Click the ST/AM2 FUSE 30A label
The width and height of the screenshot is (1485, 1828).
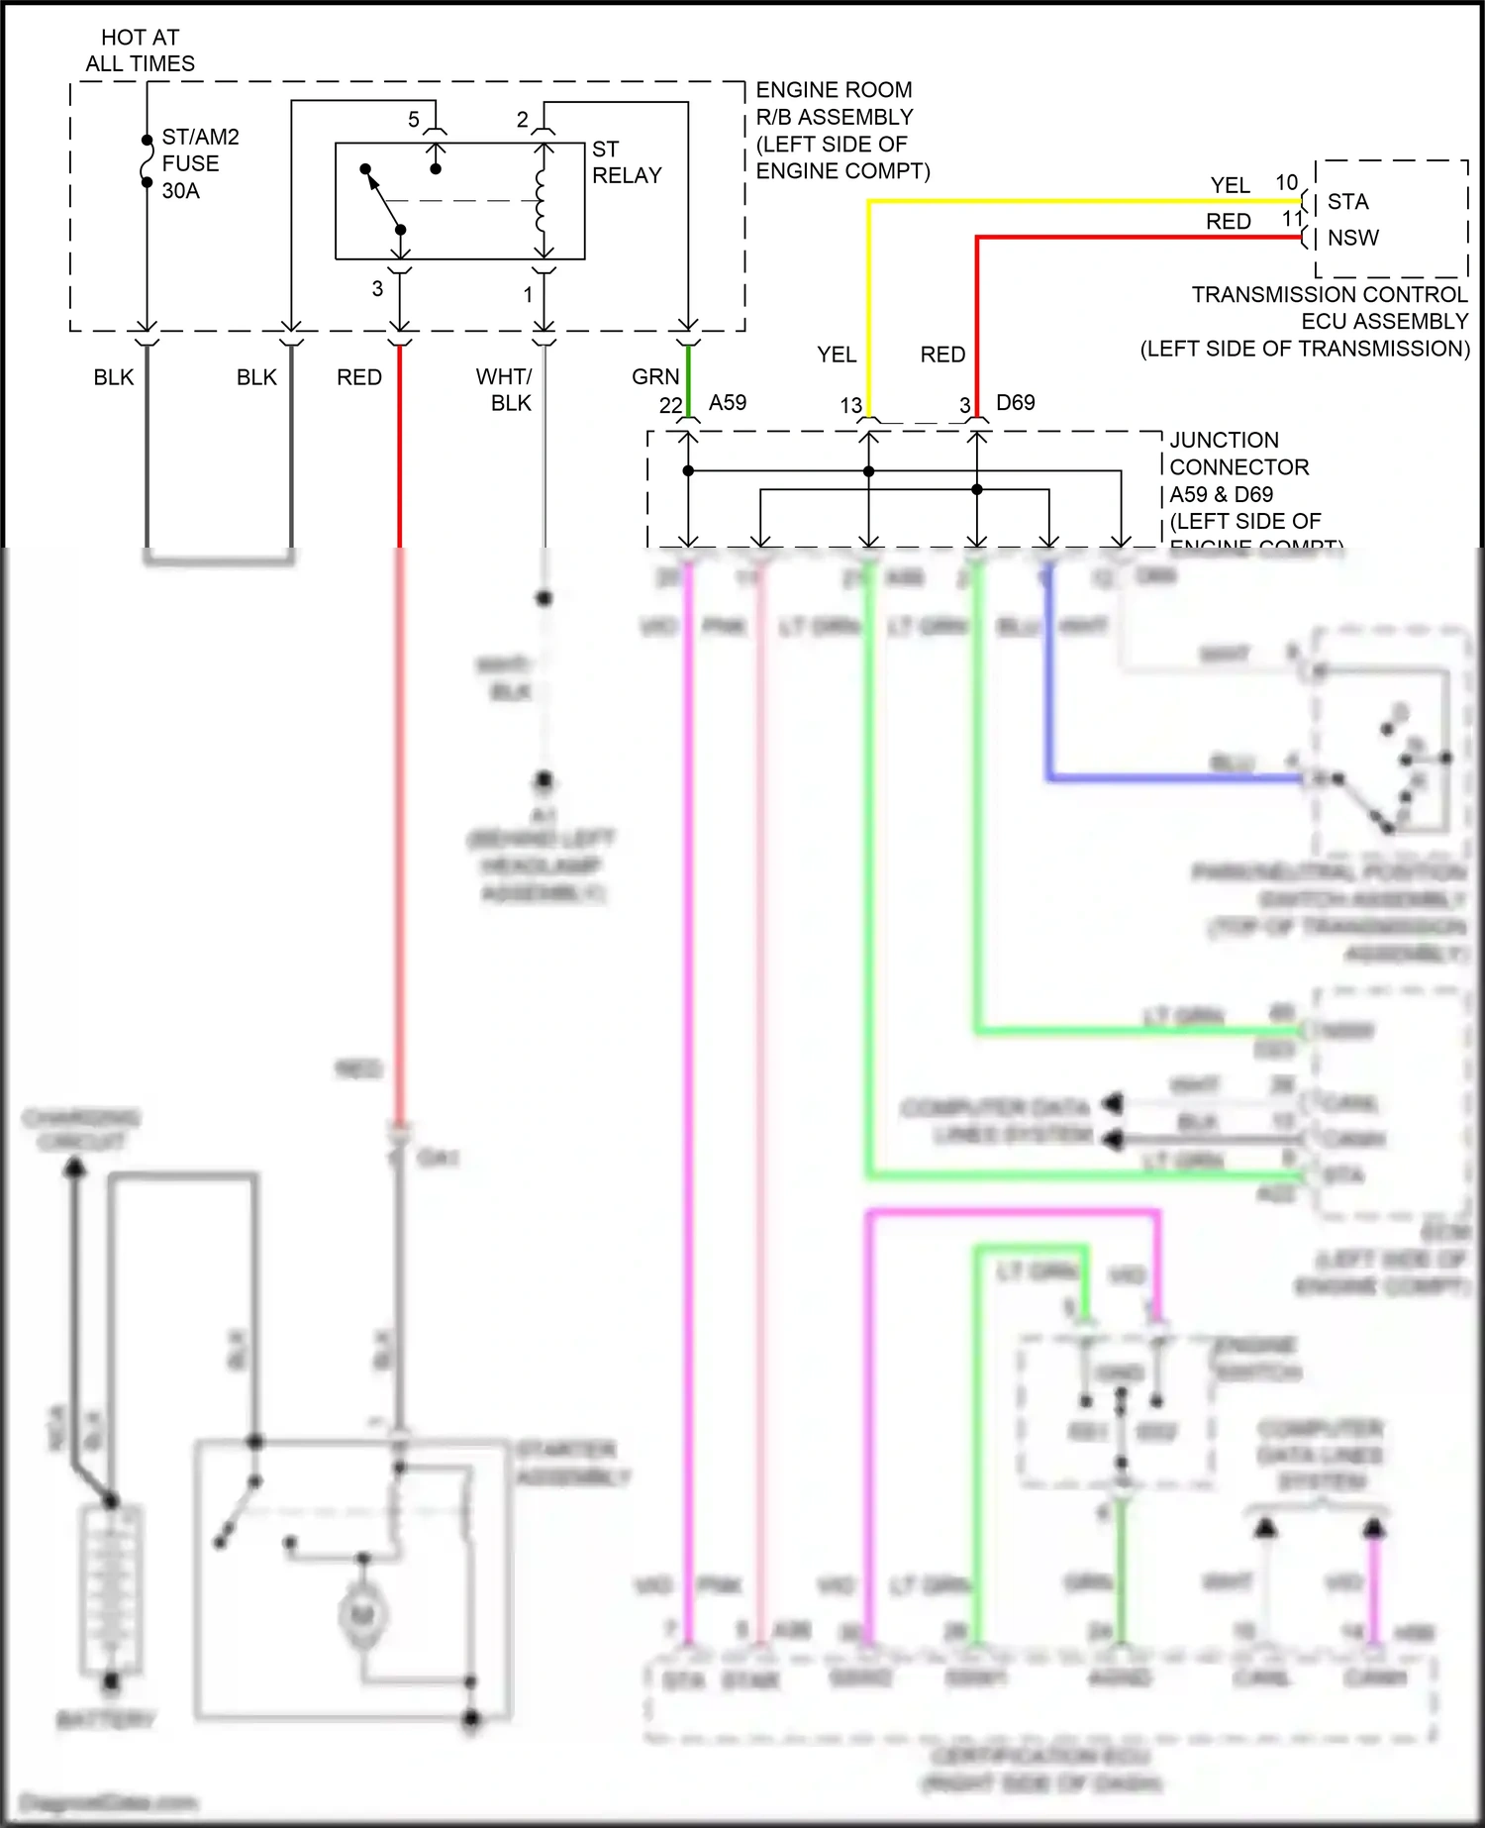tap(199, 163)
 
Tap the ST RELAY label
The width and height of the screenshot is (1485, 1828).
tap(626, 162)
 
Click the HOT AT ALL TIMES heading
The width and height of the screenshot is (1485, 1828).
tap(140, 51)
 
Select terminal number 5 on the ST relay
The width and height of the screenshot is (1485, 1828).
tap(414, 120)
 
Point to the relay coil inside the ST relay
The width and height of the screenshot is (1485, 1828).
tap(541, 201)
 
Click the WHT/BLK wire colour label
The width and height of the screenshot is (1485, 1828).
tap(504, 390)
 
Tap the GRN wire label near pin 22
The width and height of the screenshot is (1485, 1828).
tap(655, 377)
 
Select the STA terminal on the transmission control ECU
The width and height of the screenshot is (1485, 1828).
tap(1347, 202)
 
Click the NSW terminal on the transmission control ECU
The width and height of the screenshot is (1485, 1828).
tap(1352, 238)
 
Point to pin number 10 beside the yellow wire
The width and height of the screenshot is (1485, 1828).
tap(1286, 183)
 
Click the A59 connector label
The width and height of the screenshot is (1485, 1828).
tap(728, 403)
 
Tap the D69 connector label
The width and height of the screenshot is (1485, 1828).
tap(1015, 403)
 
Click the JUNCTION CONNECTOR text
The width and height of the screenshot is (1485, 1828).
tap(1238, 454)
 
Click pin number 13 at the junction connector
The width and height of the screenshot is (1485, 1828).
tap(851, 406)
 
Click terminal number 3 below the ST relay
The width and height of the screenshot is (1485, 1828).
tap(377, 289)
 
